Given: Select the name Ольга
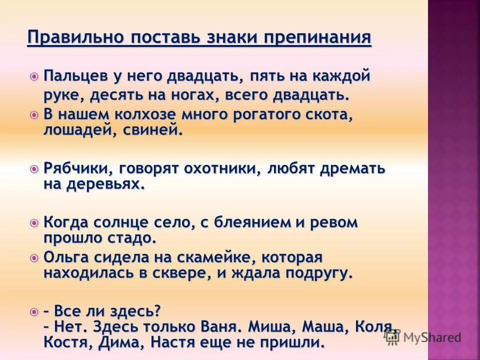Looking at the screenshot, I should pos(63,258).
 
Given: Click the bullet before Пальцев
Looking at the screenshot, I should pos(34,77).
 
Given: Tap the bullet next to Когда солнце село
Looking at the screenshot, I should pos(34,223).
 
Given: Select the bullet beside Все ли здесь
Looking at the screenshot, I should pos(34,311).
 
